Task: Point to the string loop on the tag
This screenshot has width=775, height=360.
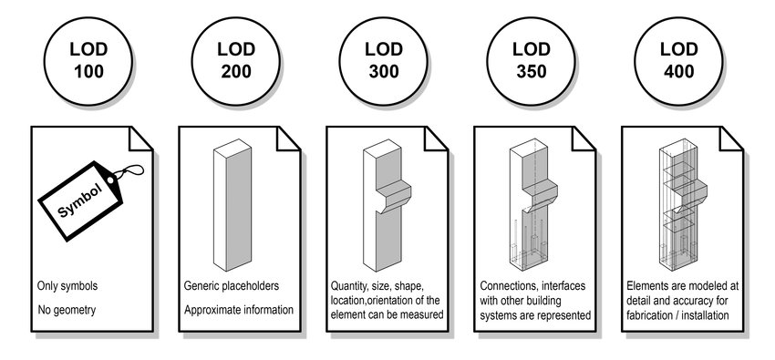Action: tap(129, 172)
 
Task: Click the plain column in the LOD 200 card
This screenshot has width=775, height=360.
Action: tap(232, 205)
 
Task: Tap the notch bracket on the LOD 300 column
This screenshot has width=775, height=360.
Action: tap(393, 196)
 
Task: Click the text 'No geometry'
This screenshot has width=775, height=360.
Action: tap(67, 310)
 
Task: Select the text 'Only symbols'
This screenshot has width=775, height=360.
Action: tap(67, 286)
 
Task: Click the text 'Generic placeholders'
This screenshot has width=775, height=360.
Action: tap(232, 286)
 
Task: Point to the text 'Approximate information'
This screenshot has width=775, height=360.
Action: tap(239, 310)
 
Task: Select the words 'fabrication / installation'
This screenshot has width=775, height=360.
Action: tap(677, 315)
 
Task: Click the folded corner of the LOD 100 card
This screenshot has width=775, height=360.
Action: tap(140, 139)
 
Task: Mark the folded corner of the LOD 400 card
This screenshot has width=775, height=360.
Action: tap(731, 139)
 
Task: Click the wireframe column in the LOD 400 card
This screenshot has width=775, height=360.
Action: tap(683, 205)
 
